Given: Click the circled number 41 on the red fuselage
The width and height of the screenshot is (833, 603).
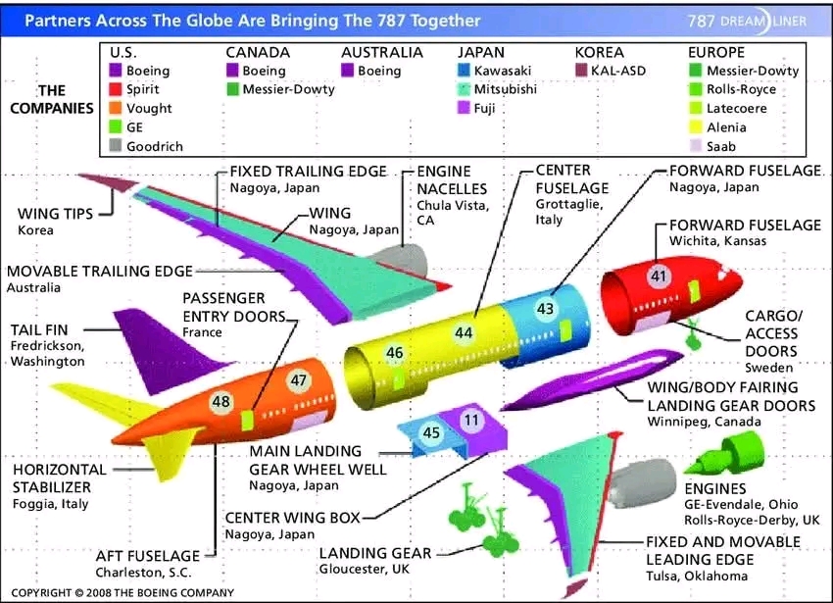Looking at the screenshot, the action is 659,276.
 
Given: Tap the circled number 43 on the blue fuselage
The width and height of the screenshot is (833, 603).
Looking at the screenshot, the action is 545,309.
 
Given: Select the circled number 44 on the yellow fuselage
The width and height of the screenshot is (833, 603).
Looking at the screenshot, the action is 464,332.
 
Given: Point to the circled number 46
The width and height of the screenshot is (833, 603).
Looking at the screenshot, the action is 395,353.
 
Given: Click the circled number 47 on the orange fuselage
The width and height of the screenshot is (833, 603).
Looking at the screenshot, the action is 299,380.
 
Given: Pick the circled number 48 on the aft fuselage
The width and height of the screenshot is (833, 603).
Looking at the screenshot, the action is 221,401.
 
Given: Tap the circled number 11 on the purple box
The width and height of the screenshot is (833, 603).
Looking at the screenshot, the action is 471,420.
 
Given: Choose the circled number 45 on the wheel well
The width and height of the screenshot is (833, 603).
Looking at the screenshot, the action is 431,432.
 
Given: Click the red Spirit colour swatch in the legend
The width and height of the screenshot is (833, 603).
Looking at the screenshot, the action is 116,89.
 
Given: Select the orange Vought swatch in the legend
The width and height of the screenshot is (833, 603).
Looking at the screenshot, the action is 116,108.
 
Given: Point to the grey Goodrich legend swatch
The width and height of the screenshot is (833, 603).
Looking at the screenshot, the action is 116,146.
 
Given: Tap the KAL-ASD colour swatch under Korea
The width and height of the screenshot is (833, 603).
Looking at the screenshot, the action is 581,71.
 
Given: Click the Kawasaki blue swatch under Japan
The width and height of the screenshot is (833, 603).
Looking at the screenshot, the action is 464,71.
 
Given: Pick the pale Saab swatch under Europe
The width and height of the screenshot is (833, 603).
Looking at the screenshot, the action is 696,146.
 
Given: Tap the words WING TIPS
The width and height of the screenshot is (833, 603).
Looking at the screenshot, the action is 55,214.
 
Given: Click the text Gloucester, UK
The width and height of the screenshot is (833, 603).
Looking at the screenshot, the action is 365,569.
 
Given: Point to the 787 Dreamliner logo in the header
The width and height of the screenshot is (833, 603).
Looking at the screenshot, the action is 747,22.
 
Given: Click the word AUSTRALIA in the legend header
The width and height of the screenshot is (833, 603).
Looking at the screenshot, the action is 382,53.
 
